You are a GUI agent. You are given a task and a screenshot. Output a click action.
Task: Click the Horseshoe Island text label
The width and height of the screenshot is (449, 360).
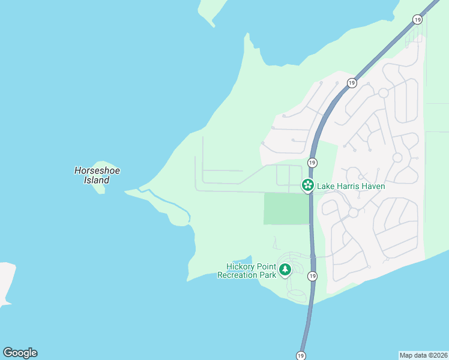(x=97, y=175)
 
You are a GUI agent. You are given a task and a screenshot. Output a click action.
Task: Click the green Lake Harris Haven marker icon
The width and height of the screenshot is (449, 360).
(x=307, y=186)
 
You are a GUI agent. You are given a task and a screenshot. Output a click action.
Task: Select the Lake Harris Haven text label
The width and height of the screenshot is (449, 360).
(x=351, y=187)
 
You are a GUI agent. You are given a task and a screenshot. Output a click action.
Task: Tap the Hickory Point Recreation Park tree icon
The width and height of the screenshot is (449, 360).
(x=285, y=270)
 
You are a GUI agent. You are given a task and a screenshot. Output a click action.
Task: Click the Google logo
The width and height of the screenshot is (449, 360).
(x=20, y=353)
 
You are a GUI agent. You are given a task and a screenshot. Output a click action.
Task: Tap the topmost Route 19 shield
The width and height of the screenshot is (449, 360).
(x=417, y=20)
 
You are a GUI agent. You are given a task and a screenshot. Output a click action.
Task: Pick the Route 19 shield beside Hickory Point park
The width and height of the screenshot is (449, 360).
(x=312, y=276)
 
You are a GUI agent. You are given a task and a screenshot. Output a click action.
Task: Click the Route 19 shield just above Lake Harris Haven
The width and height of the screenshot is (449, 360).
(x=312, y=163)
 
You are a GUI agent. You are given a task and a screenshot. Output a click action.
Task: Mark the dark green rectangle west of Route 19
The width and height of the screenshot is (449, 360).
(x=286, y=209)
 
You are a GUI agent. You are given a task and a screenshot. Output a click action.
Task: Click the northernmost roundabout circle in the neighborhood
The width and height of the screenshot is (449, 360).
(x=383, y=93)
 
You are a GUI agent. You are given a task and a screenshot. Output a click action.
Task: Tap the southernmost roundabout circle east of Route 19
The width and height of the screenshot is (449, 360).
(x=354, y=212)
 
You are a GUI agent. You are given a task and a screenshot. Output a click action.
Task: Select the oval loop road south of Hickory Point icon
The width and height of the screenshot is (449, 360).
(x=296, y=295)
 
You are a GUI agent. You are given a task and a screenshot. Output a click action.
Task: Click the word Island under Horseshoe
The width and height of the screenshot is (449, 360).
(x=97, y=180)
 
